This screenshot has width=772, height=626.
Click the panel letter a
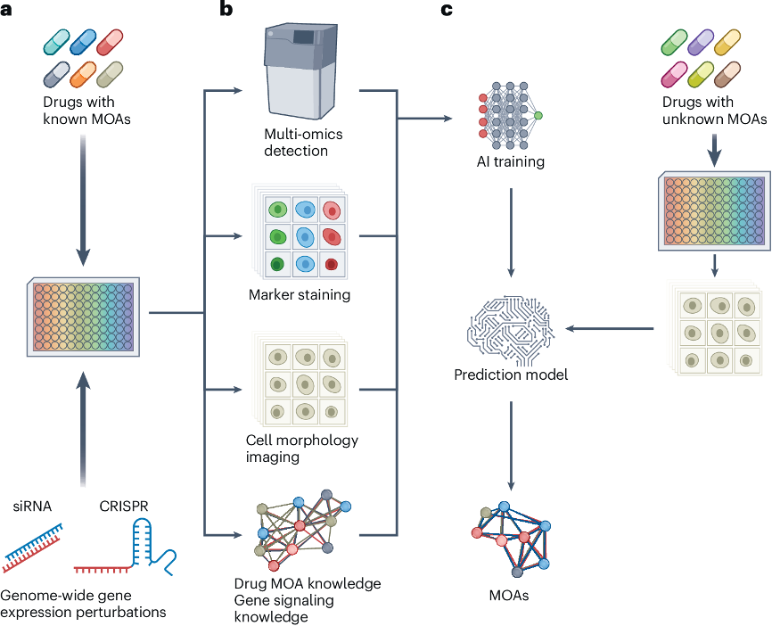point(6,8)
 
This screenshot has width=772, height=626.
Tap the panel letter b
point(226,8)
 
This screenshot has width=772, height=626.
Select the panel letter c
point(447,9)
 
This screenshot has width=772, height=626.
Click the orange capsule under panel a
point(83,74)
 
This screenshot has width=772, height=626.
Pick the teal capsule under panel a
point(57,42)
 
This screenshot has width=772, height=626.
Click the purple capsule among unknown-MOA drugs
point(701,42)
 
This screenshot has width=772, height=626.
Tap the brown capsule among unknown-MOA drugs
point(727,74)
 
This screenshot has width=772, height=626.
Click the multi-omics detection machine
point(300,70)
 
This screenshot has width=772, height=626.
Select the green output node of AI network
point(538,115)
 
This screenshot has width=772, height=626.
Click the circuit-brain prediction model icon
point(511,330)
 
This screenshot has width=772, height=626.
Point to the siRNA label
point(32,507)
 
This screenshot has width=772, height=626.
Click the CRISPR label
point(124,507)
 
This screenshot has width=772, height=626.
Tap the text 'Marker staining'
point(300,294)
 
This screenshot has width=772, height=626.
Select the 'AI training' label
point(511,161)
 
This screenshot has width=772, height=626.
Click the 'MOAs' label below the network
point(509,596)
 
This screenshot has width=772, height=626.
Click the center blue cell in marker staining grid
point(305,237)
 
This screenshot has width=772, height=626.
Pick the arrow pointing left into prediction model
point(610,328)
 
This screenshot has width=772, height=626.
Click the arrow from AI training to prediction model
point(511,233)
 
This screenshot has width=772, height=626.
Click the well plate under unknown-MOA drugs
point(714,211)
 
